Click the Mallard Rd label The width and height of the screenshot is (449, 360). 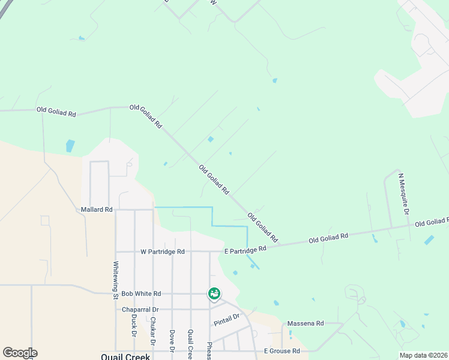(97, 209)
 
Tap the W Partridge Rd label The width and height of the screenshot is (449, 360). (162, 251)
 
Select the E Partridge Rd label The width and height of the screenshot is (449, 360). (245, 250)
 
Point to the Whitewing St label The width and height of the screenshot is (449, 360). (116, 280)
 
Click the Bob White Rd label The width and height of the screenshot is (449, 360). (141, 293)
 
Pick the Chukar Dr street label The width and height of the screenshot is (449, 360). (153, 331)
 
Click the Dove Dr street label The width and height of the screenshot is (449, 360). (172, 340)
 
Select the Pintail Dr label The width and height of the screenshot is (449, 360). (226, 320)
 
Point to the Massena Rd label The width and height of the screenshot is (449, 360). (305, 323)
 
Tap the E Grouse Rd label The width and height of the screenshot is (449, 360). (282, 351)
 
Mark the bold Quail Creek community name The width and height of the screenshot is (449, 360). (124, 356)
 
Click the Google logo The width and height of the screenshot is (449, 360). (20, 353)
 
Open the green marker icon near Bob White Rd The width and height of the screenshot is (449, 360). (214, 293)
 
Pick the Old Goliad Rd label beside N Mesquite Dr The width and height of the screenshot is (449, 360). (432, 222)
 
